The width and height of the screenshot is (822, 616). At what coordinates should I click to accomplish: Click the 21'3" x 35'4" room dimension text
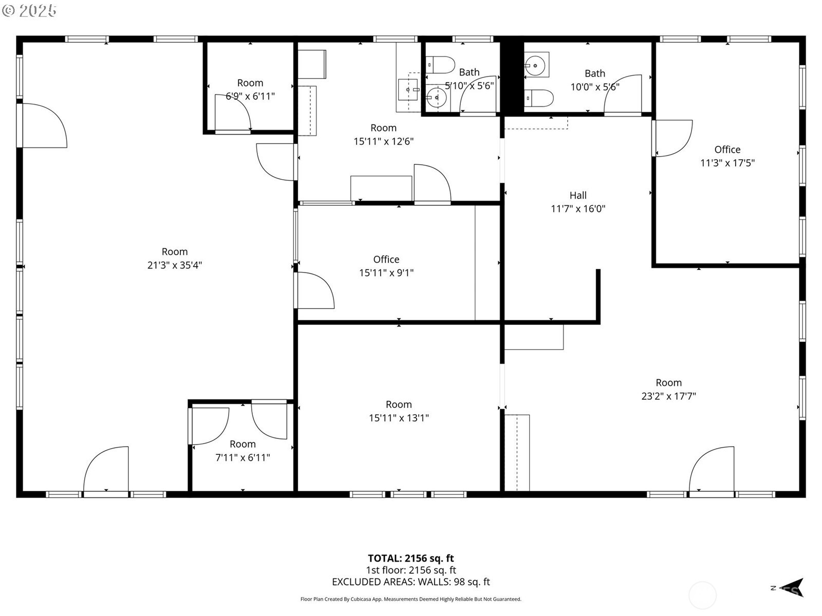point(175,265)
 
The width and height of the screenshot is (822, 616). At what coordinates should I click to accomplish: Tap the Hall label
point(578,195)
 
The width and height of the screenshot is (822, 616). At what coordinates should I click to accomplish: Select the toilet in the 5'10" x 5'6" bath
point(441,65)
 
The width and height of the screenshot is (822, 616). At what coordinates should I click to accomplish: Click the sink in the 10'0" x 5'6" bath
point(536,65)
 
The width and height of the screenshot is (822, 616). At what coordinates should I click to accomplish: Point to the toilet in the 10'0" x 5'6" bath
point(539,98)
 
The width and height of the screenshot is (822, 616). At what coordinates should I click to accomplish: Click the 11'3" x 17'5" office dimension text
point(727,163)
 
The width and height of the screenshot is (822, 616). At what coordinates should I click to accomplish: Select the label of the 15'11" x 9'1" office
point(386,259)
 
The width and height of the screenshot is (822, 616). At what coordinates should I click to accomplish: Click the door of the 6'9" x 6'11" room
point(232,113)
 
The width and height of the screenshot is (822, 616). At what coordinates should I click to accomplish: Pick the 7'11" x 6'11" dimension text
point(242,457)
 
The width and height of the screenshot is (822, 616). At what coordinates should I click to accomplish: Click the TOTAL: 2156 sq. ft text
point(410,558)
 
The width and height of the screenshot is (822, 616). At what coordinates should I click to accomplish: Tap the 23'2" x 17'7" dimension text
point(668,396)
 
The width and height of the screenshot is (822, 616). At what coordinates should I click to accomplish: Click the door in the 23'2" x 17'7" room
point(712,470)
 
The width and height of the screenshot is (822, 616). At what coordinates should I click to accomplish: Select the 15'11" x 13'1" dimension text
point(399,418)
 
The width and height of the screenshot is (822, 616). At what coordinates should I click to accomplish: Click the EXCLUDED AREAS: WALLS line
point(410,582)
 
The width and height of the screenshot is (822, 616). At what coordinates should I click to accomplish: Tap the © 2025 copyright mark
point(29,10)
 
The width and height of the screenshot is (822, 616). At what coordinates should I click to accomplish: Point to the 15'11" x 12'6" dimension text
point(383,141)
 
